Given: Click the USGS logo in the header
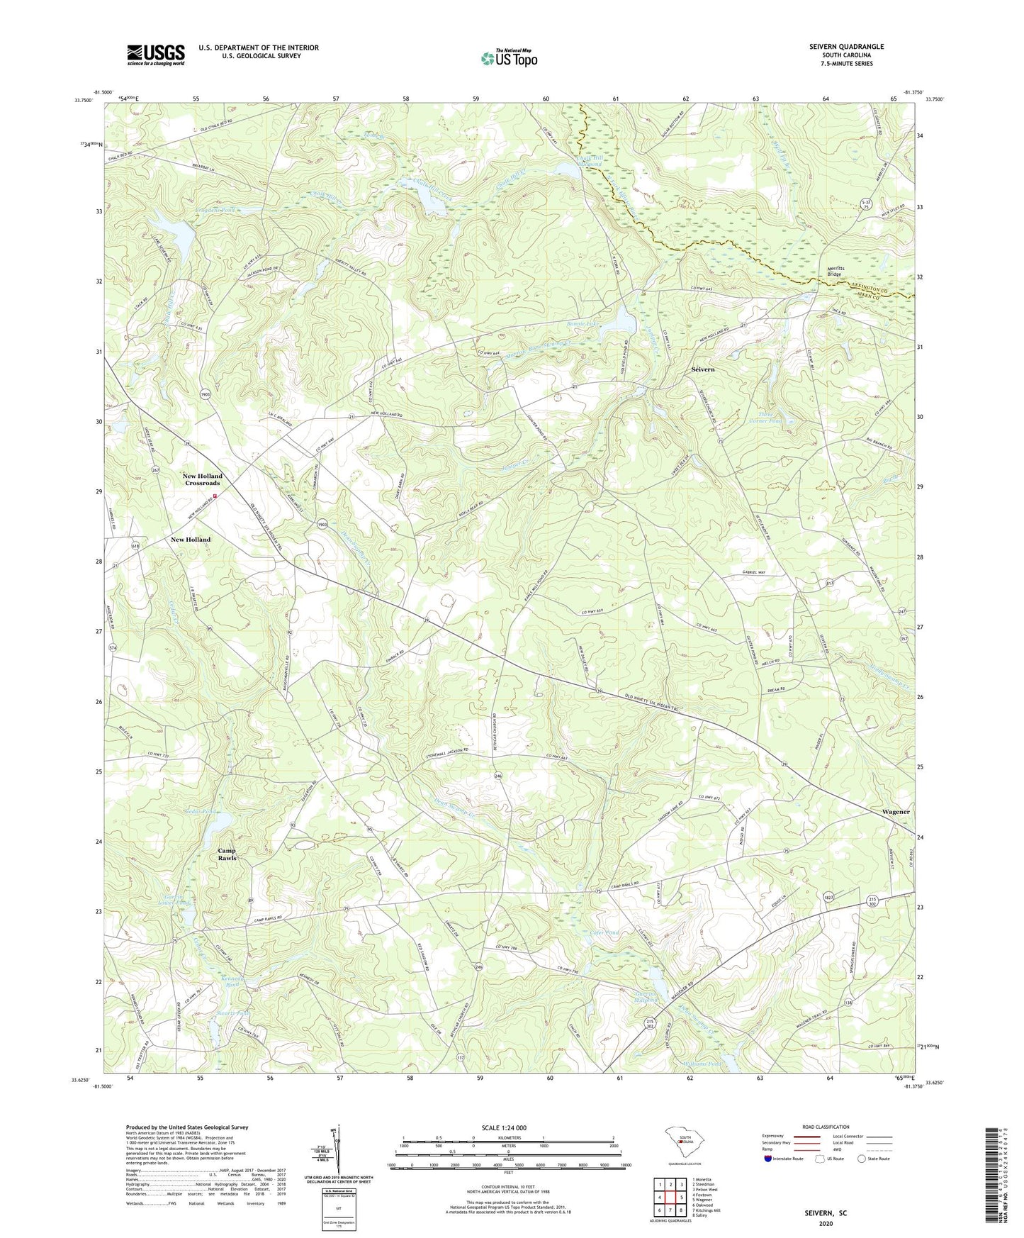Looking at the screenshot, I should (x=156, y=55).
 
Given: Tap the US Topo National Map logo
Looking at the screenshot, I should (x=509, y=58).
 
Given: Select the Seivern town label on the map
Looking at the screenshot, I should (x=703, y=369).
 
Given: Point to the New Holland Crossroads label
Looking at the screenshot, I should (x=202, y=479).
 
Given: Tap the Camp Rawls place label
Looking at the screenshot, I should (x=227, y=854).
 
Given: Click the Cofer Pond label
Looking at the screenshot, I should (x=604, y=932).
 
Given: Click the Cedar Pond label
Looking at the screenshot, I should (x=199, y=810).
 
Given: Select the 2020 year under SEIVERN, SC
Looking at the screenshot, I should (x=826, y=1223).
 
